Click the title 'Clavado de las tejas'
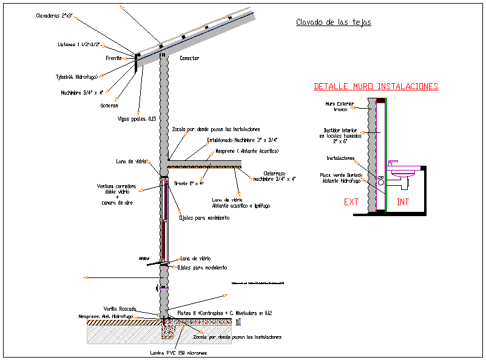coord(333,22)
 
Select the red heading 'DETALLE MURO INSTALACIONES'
coord(376,87)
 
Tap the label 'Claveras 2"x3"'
coord(56,16)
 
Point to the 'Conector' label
coord(189,58)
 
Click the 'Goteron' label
coord(109,105)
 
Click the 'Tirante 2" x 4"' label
coord(189,183)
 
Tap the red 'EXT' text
coord(351,202)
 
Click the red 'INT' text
coord(403,202)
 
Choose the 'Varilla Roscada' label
coord(120,308)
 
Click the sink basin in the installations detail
coord(403,172)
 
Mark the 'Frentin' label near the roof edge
coord(114,58)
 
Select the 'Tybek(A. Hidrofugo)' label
coord(76,77)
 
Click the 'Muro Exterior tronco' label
coord(339,106)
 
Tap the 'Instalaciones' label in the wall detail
coord(340,158)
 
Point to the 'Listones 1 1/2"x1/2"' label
coord(78,44)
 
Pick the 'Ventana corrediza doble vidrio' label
coord(116,189)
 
